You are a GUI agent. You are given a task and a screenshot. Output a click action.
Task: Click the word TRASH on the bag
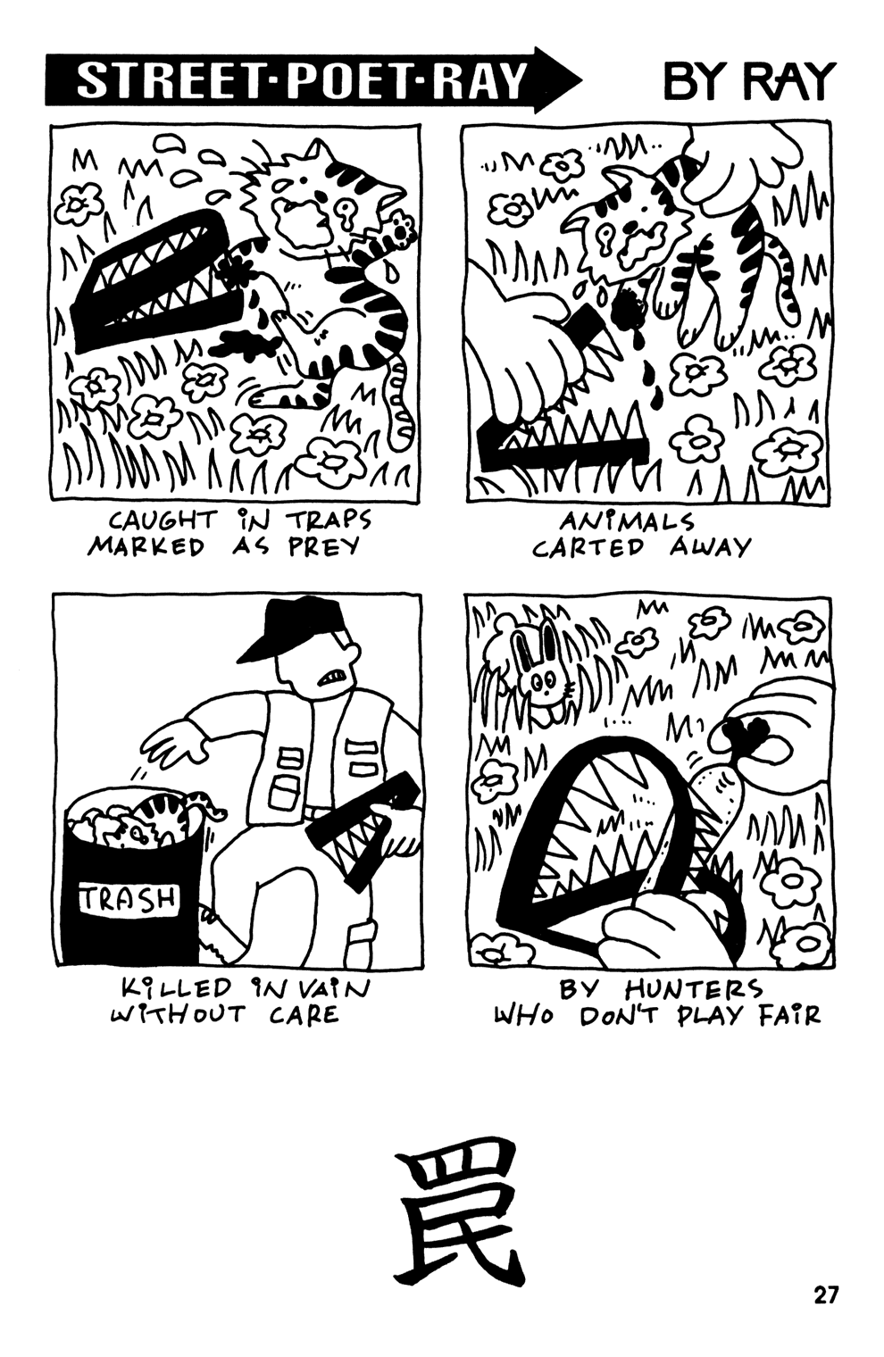point(130,897)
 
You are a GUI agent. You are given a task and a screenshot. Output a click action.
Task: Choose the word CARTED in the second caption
point(588,546)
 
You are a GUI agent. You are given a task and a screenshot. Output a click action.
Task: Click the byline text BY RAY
point(748,82)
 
